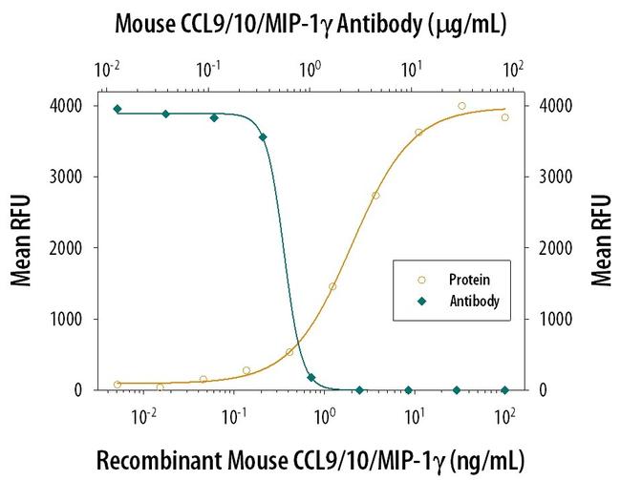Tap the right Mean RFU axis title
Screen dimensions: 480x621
point(601,240)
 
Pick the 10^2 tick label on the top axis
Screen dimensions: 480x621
point(514,70)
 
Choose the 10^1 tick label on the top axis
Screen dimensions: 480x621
point(412,70)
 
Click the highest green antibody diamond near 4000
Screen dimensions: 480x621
point(118,109)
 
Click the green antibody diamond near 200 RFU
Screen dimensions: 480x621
point(311,378)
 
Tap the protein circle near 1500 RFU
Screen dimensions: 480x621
point(332,286)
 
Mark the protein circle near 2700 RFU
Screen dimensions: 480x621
point(375,196)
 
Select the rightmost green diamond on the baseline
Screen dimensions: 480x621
point(505,390)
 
